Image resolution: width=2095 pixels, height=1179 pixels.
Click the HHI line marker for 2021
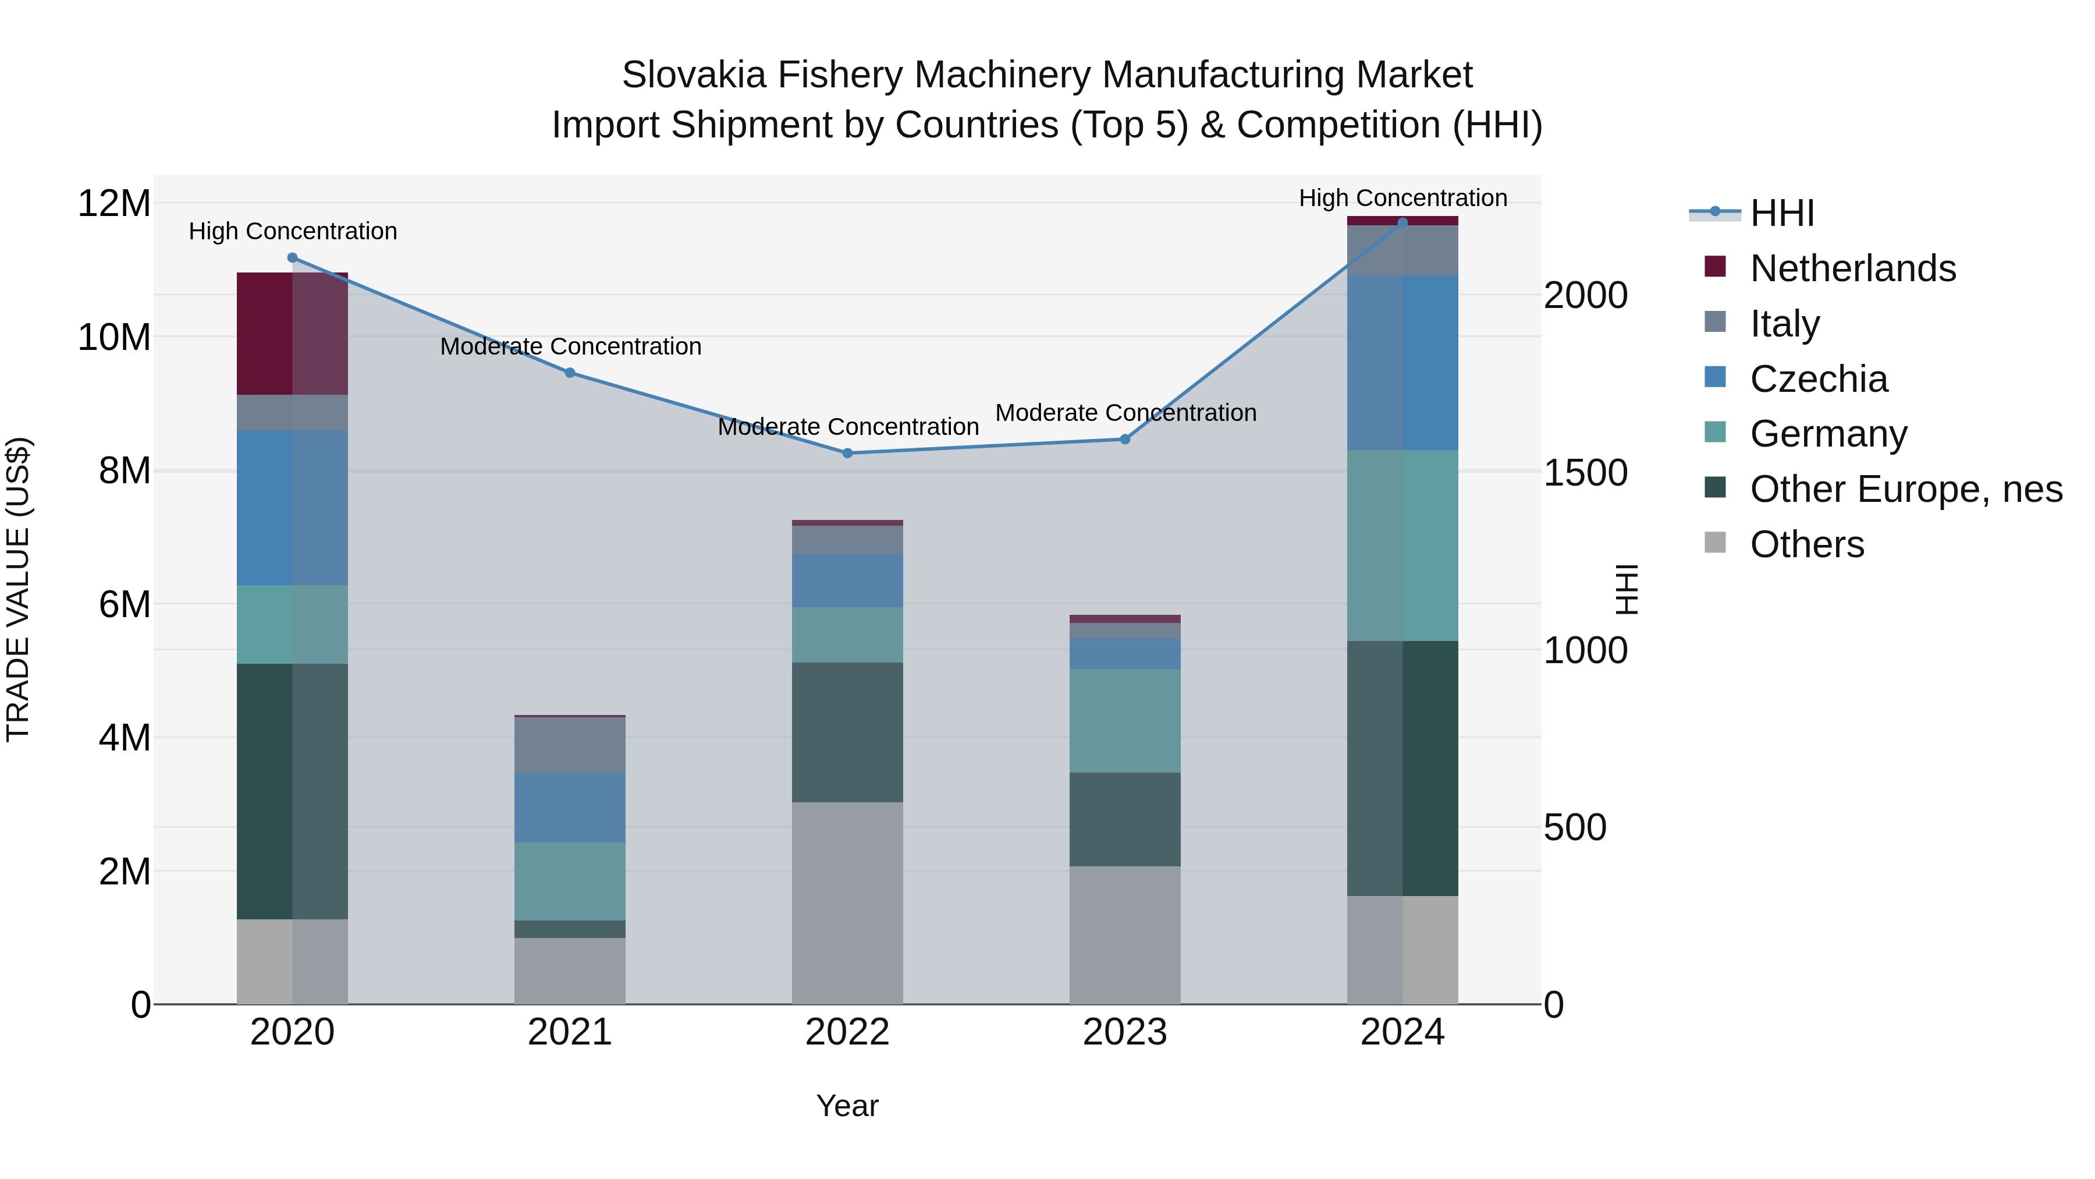pyautogui.click(x=570, y=373)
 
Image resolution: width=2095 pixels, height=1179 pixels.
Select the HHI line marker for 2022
pyautogui.click(x=847, y=453)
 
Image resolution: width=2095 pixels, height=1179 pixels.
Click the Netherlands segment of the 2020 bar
pyautogui.click(x=292, y=334)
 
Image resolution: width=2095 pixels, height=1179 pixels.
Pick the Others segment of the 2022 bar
pyautogui.click(x=847, y=903)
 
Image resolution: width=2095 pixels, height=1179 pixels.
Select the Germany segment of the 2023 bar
pyautogui.click(x=1125, y=720)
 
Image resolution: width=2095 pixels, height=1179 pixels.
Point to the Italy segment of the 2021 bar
pyautogui.click(x=570, y=745)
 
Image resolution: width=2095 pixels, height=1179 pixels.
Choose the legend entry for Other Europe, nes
pyautogui.click(x=1905, y=489)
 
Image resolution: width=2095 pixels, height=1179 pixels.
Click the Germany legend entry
pyautogui.click(x=1828, y=434)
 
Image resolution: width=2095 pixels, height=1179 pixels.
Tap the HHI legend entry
pyautogui.click(x=1781, y=213)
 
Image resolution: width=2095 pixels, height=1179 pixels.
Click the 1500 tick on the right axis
pyautogui.click(x=1586, y=473)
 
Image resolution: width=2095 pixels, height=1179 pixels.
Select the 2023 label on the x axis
pyautogui.click(x=1125, y=1032)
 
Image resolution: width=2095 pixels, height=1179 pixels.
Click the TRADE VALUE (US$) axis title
pyautogui.click(x=18, y=589)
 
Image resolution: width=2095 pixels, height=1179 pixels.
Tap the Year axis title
pyautogui.click(x=847, y=1106)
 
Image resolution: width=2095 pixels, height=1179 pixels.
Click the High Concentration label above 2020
pyautogui.click(x=293, y=231)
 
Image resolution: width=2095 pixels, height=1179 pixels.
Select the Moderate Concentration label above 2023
pyautogui.click(x=1125, y=413)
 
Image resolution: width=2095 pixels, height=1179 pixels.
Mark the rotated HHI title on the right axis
pyautogui.click(x=1626, y=589)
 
